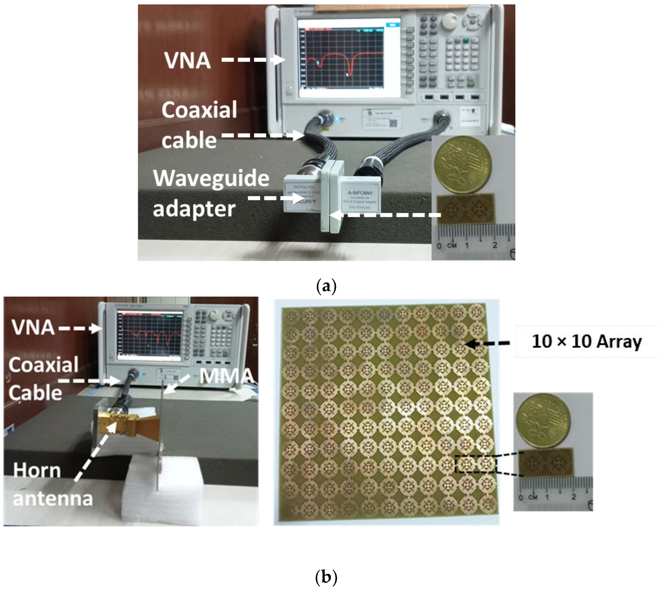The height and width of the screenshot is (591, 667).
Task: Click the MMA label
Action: (x=226, y=376)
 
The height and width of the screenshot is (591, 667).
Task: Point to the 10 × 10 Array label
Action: (x=587, y=342)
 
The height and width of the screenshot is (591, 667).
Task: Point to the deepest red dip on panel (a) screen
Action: (x=350, y=73)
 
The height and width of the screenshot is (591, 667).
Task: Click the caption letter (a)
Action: (x=326, y=286)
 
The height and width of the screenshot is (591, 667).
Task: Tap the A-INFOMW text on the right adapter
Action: (x=360, y=193)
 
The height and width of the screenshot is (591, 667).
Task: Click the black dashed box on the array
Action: (x=476, y=464)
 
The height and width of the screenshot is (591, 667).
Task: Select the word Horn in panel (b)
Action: (x=37, y=471)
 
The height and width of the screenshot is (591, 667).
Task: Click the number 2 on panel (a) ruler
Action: (x=495, y=245)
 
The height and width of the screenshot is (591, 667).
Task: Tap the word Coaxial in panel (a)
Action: (x=199, y=110)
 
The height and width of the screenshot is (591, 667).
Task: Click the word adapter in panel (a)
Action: (x=194, y=209)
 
